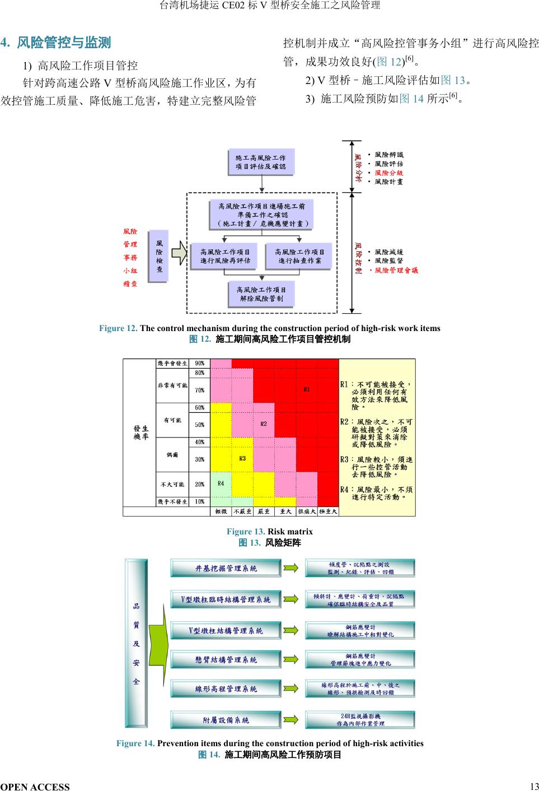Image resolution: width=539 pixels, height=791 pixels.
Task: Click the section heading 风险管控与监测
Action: click(64, 43)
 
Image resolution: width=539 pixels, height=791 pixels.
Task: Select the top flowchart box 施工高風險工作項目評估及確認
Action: click(261, 162)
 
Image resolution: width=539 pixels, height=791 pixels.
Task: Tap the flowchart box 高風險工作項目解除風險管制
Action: click(261, 294)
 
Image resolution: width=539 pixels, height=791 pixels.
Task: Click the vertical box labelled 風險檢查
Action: click(160, 257)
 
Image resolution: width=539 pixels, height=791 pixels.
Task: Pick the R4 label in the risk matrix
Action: click(221, 483)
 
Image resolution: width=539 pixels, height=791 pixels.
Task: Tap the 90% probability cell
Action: click(199, 364)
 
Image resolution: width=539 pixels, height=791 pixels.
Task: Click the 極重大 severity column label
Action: click(328, 511)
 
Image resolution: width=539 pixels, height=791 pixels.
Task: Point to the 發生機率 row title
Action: click(140, 432)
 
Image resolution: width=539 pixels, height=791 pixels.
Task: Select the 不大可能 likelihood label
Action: click(172, 484)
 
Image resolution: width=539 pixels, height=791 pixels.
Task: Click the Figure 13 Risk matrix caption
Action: click(269, 531)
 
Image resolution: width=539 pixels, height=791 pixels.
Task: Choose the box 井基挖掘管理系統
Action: click(226, 568)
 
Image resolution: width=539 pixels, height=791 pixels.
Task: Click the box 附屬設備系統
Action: click(226, 720)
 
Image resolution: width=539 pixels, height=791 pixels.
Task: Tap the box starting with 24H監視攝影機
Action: click(360, 720)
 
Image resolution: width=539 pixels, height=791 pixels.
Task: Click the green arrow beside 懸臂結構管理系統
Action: click(292, 660)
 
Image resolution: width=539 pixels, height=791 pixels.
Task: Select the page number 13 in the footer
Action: click(533, 785)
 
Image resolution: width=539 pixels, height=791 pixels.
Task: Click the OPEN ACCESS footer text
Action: click(35, 787)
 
